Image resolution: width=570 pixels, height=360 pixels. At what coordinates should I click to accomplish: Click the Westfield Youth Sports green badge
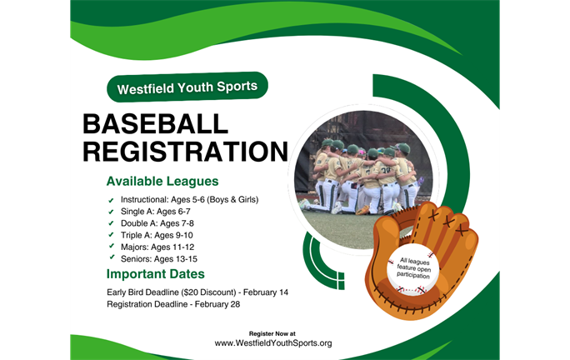click(x=187, y=86)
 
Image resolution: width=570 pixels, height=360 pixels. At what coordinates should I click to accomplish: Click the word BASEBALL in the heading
click(x=155, y=124)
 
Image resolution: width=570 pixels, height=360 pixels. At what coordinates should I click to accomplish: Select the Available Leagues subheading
click(x=162, y=181)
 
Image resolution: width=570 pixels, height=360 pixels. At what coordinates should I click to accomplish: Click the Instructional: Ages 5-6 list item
click(x=189, y=200)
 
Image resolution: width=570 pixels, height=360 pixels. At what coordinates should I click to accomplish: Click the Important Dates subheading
click(x=156, y=274)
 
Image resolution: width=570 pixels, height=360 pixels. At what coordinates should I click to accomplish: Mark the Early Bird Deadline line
click(x=197, y=292)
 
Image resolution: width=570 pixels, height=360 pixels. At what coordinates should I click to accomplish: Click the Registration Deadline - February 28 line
click(x=172, y=304)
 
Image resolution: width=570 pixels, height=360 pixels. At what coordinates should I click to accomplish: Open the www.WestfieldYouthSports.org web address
click(x=273, y=342)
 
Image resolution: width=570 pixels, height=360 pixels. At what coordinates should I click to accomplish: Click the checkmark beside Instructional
click(x=112, y=201)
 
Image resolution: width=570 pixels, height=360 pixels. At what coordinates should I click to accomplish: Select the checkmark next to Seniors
click(x=112, y=257)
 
